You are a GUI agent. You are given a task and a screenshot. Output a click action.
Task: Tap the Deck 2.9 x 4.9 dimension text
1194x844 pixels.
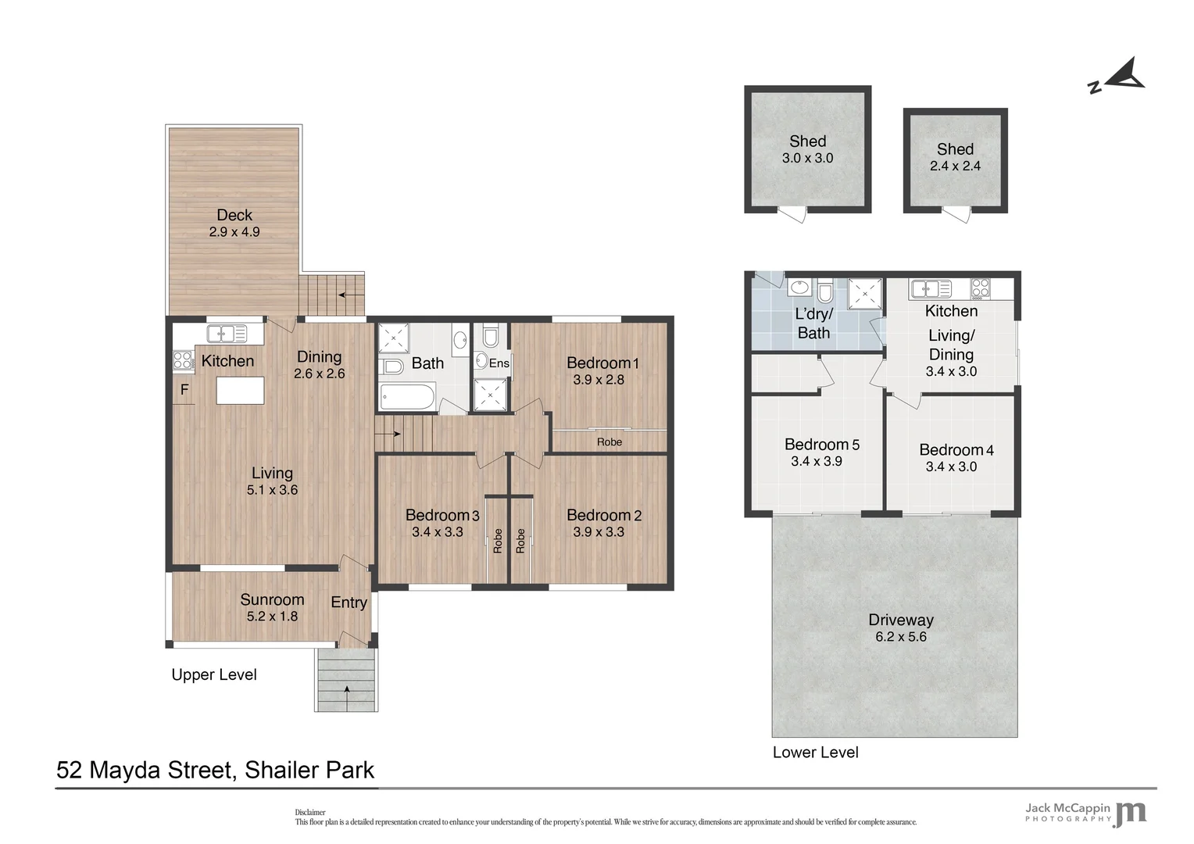click(x=234, y=232)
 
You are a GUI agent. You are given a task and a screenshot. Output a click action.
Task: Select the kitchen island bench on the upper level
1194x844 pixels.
click(x=240, y=390)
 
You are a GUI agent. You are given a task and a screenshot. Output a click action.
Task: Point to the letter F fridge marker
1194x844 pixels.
click(x=184, y=389)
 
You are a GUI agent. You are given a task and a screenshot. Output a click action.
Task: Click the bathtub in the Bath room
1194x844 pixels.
click(x=407, y=397)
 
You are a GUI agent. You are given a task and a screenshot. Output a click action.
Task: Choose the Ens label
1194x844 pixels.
click(x=499, y=363)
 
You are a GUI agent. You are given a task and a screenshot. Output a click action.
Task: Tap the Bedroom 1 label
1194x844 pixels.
click(x=602, y=363)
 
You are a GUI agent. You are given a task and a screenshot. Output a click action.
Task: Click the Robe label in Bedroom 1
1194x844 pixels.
click(x=610, y=442)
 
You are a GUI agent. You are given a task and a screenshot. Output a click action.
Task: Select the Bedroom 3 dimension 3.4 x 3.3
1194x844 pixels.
click(x=438, y=532)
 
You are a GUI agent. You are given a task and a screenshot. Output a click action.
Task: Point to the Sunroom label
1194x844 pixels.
click(x=272, y=599)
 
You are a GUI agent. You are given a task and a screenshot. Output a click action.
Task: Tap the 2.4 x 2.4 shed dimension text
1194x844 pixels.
click(x=955, y=166)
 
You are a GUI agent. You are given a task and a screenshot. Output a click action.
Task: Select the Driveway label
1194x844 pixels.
click(x=901, y=620)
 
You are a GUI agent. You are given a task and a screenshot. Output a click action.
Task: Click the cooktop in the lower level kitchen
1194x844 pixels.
click(x=980, y=288)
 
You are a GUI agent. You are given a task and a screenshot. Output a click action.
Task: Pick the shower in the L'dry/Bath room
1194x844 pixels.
click(x=865, y=294)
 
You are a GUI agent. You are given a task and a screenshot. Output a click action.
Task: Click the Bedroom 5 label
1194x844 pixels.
click(x=822, y=445)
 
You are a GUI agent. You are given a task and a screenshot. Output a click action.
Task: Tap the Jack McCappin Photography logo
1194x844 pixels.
click(x=1086, y=812)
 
